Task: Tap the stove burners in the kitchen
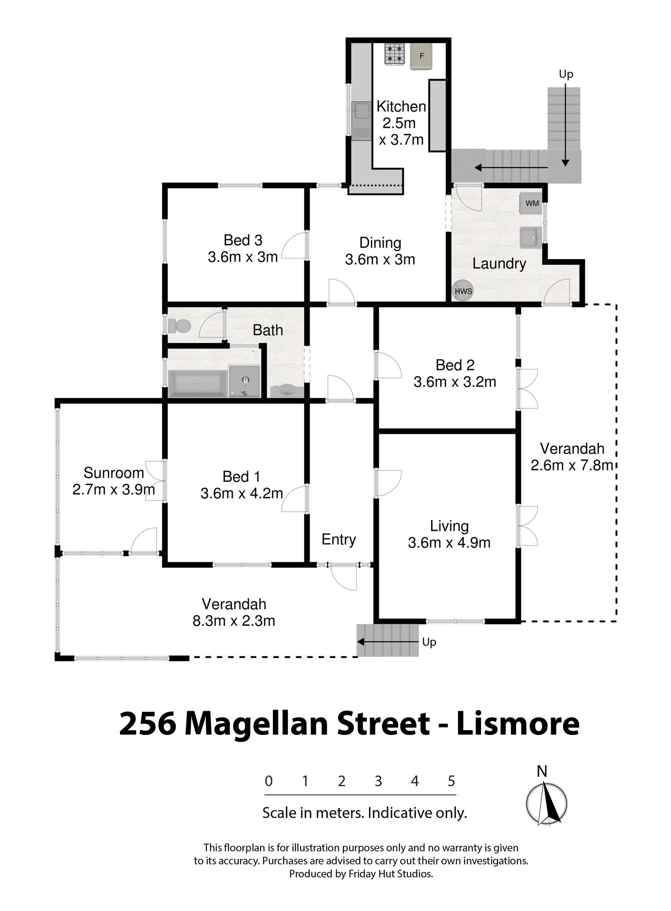point(395,54)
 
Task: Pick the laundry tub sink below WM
point(531,237)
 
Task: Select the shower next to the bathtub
point(244,381)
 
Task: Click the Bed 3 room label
point(243,240)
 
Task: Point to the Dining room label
point(380,243)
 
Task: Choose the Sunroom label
point(114,473)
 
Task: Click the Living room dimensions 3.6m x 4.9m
point(449,543)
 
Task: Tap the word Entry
point(339,540)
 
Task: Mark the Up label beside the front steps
point(429,642)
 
